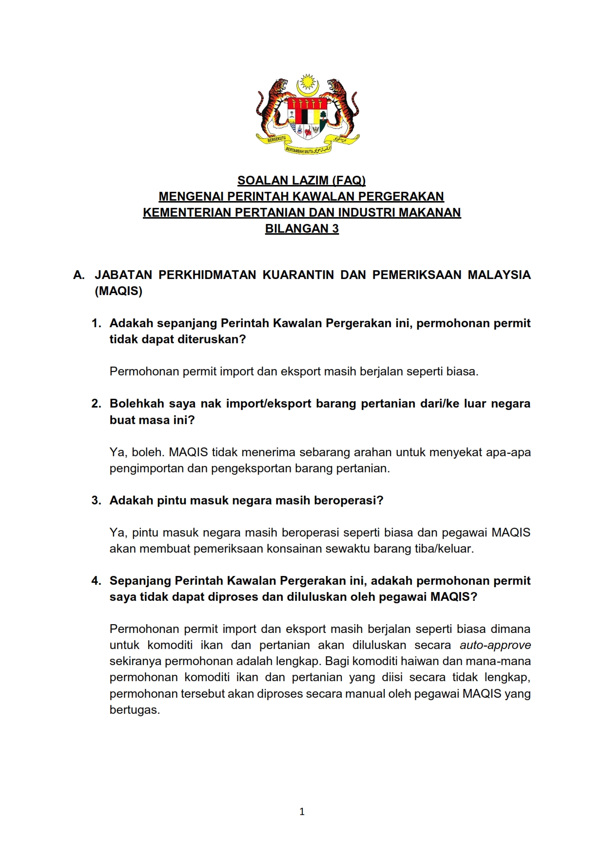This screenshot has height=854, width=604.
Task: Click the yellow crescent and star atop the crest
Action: [307, 86]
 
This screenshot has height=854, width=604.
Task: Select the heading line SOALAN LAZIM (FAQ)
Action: [301, 181]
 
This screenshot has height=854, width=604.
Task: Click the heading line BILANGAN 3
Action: [302, 229]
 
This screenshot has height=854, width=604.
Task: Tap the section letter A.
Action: [78, 275]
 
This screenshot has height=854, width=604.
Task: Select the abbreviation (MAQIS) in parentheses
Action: [118, 291]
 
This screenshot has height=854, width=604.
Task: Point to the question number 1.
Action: [96, 323]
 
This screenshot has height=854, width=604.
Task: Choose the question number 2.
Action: [96, 404]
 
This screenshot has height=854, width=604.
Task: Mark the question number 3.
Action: [96, 501]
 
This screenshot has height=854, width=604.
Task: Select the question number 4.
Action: [96, 581]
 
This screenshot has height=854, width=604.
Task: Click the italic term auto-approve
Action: [495, 645]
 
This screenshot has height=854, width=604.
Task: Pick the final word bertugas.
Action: [135, 710]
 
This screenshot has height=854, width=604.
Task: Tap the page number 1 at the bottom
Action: [302, 812]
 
